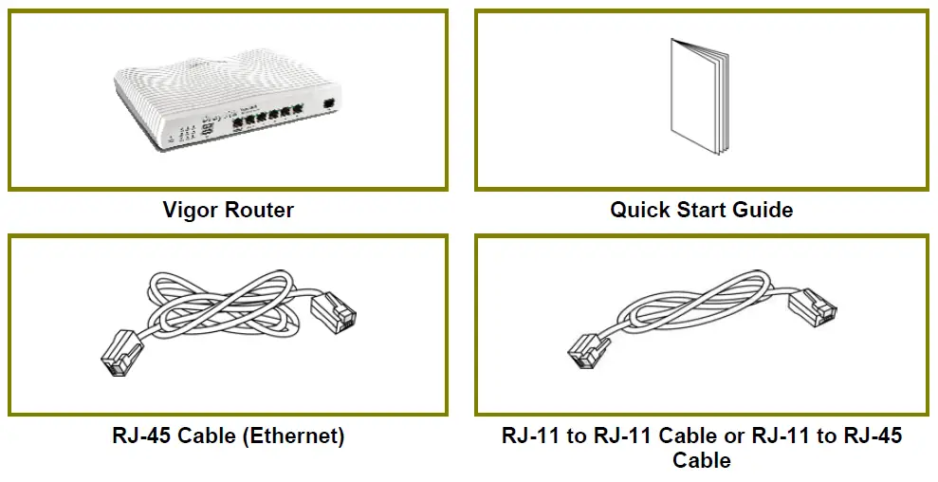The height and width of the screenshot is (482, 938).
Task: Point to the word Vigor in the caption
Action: pyautogui.click(x=191, y=210)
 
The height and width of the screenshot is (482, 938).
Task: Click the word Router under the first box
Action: pyautogui.click(x=259, y=210)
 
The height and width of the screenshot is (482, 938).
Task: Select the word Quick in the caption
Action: pyautogui.click(x=640, y=210)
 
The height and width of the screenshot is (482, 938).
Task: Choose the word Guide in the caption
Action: pyautogui.click(x=764, y=210)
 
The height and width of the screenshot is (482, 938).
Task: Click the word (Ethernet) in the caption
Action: pyautogui.click(x=291, y=437)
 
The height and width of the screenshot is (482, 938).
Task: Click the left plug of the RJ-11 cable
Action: pyautogui.click(x=587, y=353)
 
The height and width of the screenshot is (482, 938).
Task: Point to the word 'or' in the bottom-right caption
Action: pyautogui.click(x=736, y=437)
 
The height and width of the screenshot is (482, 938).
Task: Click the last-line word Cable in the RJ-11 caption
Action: pyautogui.click(x=702, y=461)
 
